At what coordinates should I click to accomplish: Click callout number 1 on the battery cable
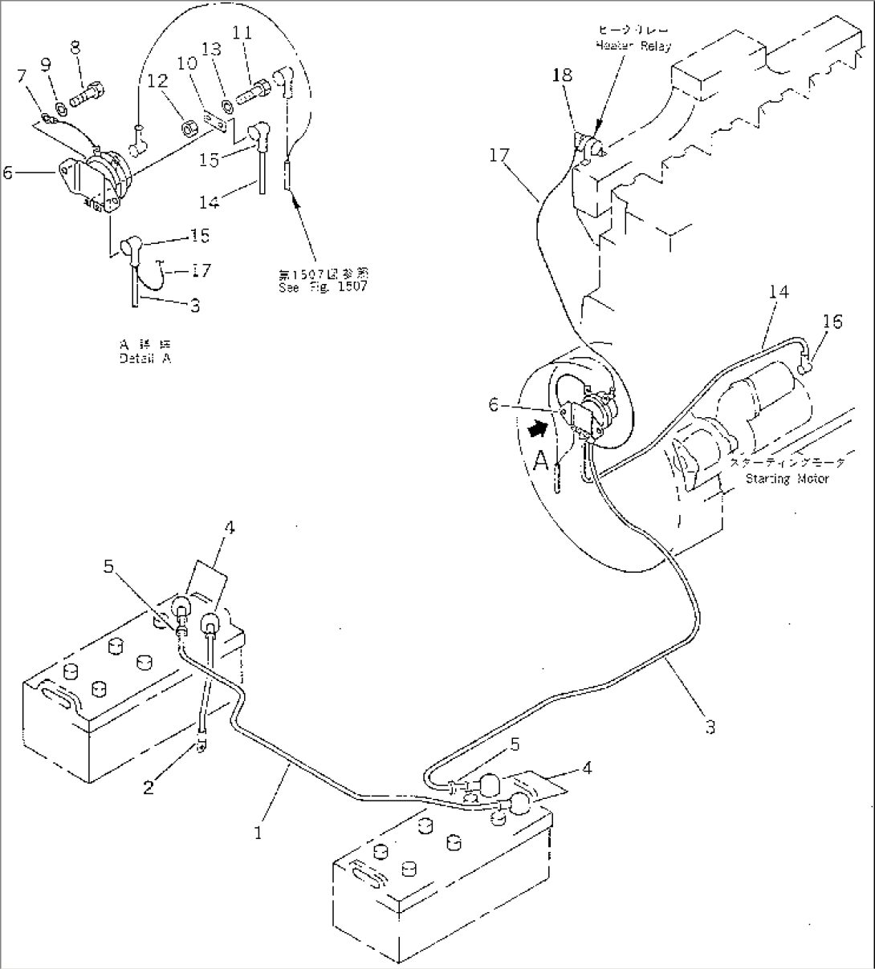tap(258, 833)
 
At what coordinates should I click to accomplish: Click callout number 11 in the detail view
tap(242, 33)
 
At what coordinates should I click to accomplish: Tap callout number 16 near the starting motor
tap(832, 322)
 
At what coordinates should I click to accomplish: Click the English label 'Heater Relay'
tap(633, 47)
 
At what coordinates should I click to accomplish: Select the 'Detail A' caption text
tap(144, 359)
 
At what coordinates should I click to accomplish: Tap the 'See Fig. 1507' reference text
tap(319, 286)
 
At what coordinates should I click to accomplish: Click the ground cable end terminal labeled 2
tap(201, 747)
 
